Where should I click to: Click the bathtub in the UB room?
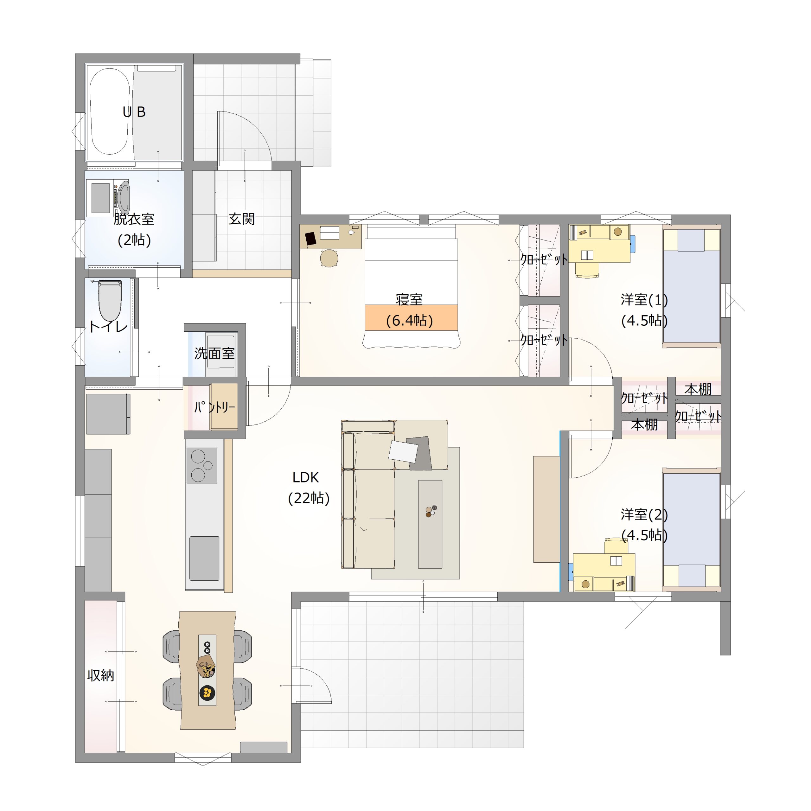tap(110, 112)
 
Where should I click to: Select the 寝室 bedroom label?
tap(409, 299)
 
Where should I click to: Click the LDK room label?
tap(306, 477)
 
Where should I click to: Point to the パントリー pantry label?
tap(214, 407)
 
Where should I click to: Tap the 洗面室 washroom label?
tap(214, 354)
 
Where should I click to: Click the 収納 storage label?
tap(101, 675)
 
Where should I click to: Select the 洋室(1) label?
tap(644, 300)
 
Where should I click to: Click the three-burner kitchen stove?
tap(201, 465)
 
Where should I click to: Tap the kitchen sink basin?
tap(204, 558)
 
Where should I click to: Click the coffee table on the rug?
tap(430, 524)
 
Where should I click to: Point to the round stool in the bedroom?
tap(329, 258)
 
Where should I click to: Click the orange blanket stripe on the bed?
tap(411, 317)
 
